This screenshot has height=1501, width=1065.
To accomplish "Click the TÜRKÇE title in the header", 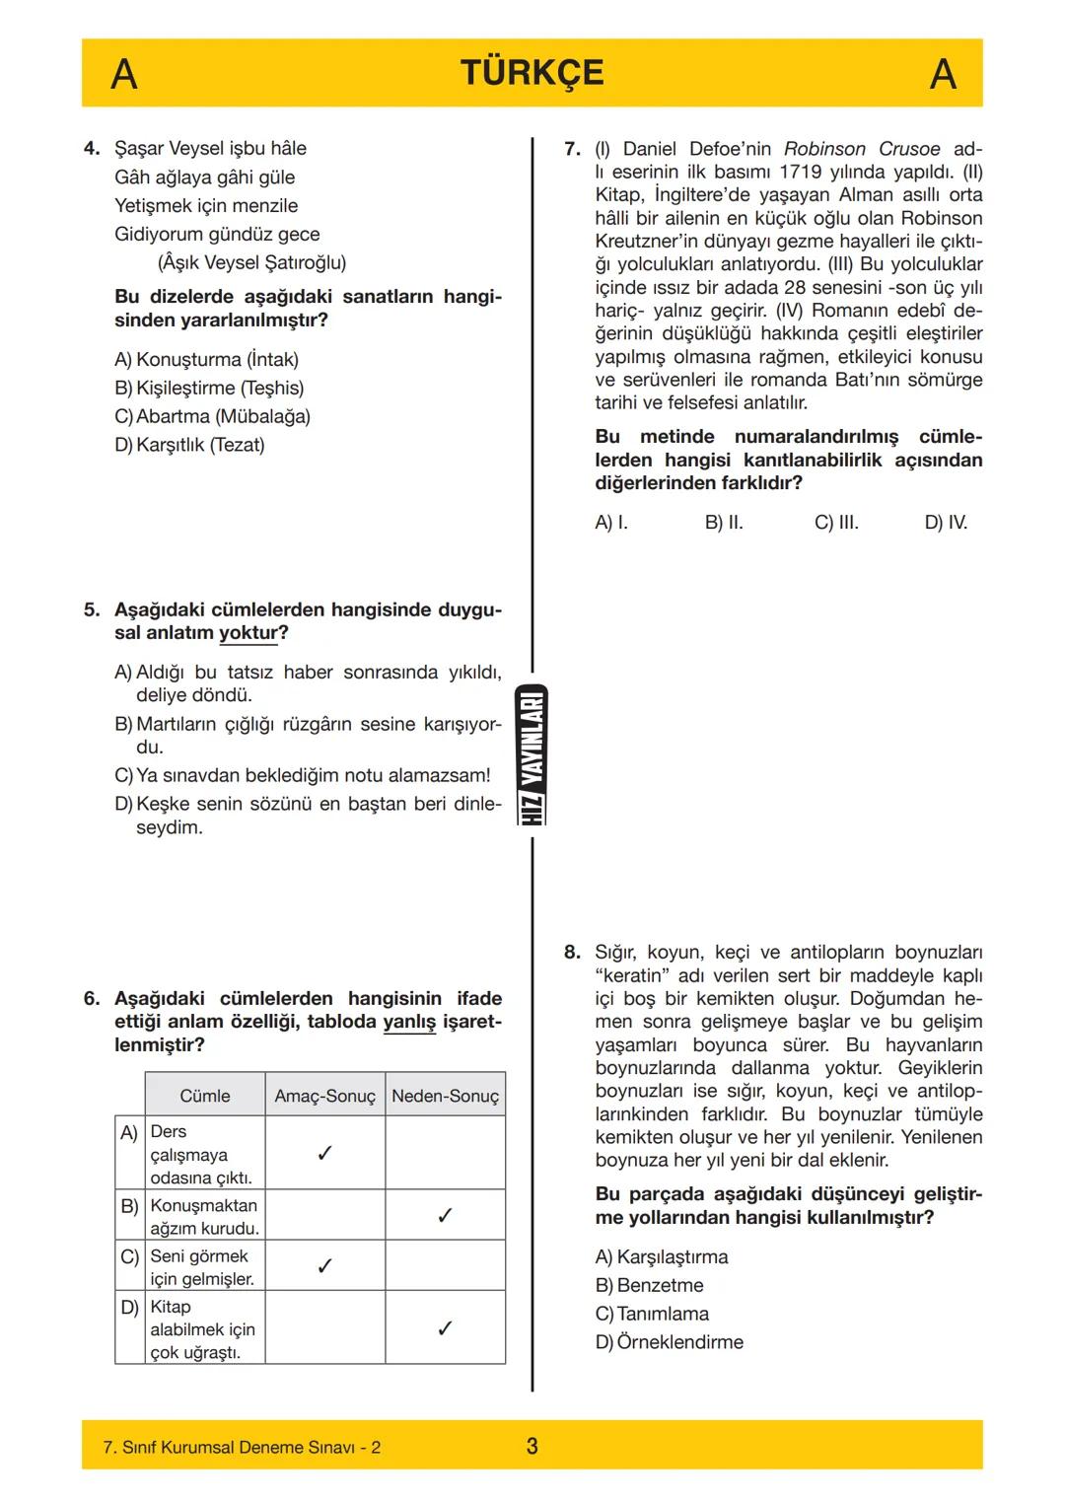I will pyautogui.click(x=532, y=73).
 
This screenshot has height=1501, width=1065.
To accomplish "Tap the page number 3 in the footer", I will pyautogui.click(x=532, y=1446).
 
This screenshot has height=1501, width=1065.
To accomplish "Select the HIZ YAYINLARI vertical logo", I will pyautogui.click(x=532, y=754).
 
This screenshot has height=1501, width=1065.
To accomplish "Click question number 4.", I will pyautogui.click(x=92, y=149).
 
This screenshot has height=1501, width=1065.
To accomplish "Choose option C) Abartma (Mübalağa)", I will pyautogui.click(x=212, y=416).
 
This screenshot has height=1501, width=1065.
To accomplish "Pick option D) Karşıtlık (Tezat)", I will pyautogui.click(x=189, y=445).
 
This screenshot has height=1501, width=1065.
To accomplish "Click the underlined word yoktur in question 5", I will pyautogui.click(x=248, y=633).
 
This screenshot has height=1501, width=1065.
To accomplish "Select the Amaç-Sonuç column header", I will pyautogui.click(x=324, y=1096).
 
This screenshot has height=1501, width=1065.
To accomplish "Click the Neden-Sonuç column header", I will pyautogui.click(x=445, y=1096).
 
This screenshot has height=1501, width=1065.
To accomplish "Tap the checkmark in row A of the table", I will pyautogui.click(x=324, y=1153).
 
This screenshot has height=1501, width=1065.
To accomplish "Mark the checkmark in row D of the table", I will pyautogui.click(x=445, y=1328).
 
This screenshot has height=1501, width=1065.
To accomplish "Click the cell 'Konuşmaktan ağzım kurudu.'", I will pyautogui.click(x=204, y=1216).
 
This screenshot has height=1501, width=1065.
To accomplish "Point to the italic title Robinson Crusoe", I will pyautogui.click(x=862, y=149).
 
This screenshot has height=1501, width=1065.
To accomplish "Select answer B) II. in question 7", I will pyautogui.click(x=724, y=523).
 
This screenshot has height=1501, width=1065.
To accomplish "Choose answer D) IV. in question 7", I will pyautogui.click(x=946, y=523).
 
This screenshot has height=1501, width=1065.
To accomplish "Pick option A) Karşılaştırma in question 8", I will pyautogui.click(x=662, y=1256).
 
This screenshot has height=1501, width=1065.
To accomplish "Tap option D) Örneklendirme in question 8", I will pyautogui.click(x=670, y=1342).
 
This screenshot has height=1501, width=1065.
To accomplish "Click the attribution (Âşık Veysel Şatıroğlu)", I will pyautogui.click(x=251, y=262).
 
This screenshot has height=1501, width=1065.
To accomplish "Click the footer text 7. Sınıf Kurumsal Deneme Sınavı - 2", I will pyautogui.click(x=242, y=1447).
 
